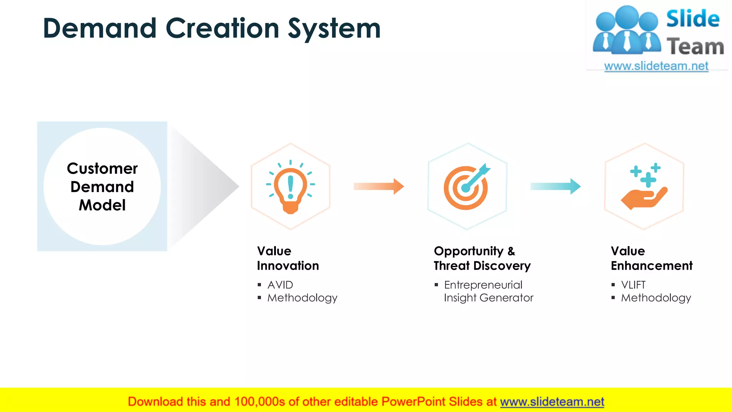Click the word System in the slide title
click(x=334, y=29)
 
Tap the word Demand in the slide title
click(x=100, y=29)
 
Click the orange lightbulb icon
click(x=290, y=187)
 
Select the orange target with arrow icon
click(x=466, y=187)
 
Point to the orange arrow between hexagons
click(x=379, y=186)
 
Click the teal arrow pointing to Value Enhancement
click(x=555, y=186)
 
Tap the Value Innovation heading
click(x=288, y=258)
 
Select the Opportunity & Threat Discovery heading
click(x=482, y=258)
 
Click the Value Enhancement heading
click(x=651, y=258)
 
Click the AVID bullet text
click(x=280, y=285)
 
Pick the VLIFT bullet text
click(x=633, y=285)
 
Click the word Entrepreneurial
click(x=483, y=285)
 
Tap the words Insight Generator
click(x=488, y=298)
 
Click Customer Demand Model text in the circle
click(x=102, y=187)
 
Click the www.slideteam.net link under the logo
click(x=656, y=66)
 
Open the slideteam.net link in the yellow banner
click(x=552, y=402)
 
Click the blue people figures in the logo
click(x=626, y=30)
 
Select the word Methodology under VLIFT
click(x=656, y=298)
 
